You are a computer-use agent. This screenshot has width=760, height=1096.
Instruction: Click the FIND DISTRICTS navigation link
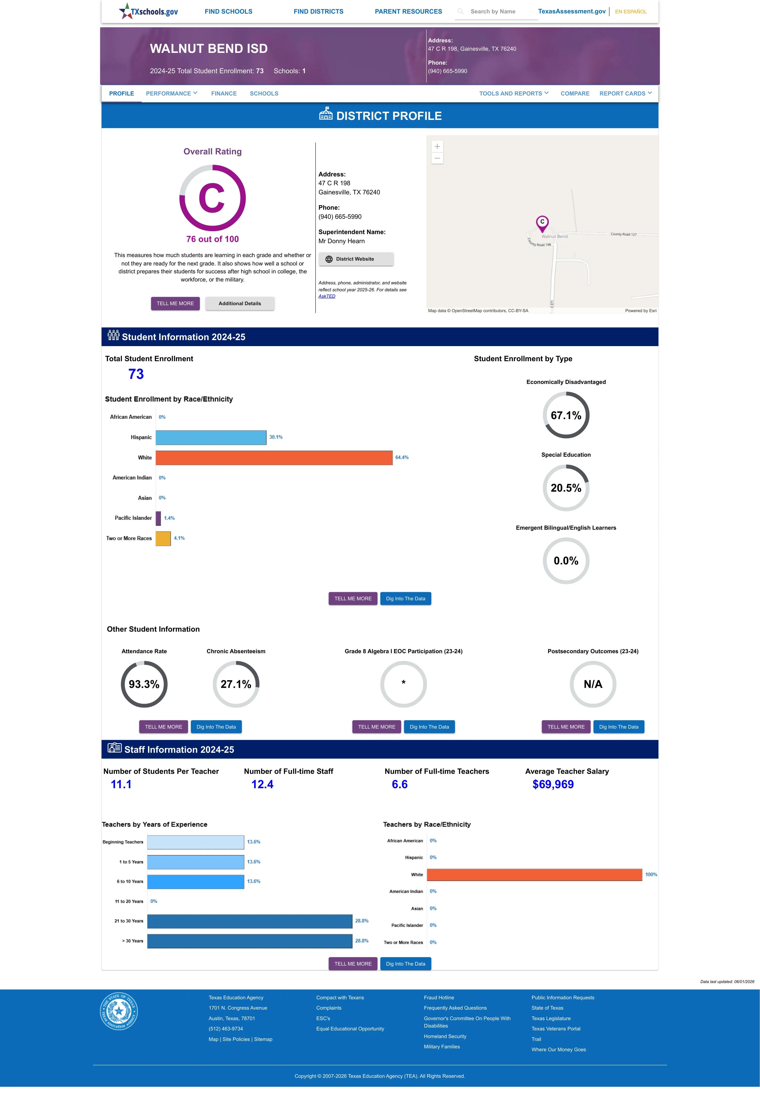tap(318, 11)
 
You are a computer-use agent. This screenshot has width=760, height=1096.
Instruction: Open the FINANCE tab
tap(224, 93)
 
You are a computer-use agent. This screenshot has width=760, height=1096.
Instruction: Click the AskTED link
tap(327, 296)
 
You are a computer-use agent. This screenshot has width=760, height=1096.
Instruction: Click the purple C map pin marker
tap(542, 223)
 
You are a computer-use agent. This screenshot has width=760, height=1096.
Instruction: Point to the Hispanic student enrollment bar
tap(211, 437)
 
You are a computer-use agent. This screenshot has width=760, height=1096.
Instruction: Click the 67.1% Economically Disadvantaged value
tap(566, 415)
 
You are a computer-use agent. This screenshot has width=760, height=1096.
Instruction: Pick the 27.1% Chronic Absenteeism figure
tap(236, 684)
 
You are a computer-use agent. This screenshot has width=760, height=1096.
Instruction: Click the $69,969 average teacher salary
tap(553, 785)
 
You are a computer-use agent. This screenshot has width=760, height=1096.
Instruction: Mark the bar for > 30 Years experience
tap(250, 941)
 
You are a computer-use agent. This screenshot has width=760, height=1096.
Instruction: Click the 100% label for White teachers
tap(651, 875)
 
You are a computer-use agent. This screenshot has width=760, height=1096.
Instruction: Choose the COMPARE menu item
tap(575, 93)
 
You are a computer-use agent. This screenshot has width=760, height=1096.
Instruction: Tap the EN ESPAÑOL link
tap(631, 11)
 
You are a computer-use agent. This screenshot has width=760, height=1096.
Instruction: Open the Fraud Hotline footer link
tap(438, 997)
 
